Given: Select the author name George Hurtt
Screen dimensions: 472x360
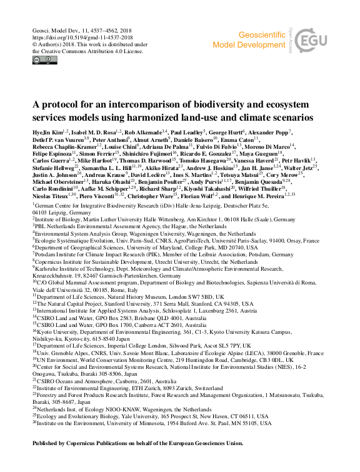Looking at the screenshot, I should click(x=224, y=134).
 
